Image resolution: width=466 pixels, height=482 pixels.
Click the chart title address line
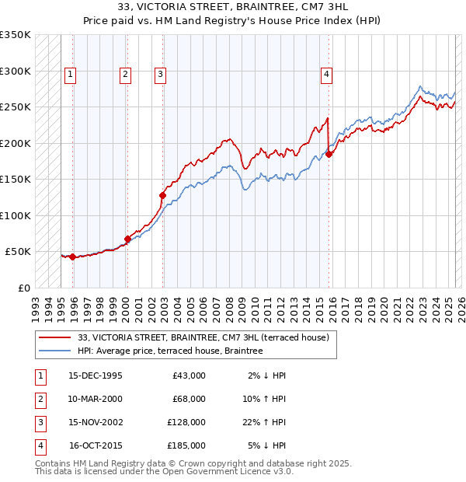tap(232, 7)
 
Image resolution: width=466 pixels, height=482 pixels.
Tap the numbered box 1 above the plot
tap(70, 75)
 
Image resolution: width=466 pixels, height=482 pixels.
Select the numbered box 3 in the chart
tap(160, 75)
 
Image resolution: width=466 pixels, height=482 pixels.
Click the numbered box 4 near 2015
tap(326, 75)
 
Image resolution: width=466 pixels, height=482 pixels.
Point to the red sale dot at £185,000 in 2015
tap(329, 154)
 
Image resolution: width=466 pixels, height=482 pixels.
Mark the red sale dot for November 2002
tap(162, 195)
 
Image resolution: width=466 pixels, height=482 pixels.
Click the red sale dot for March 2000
tap(127, 239)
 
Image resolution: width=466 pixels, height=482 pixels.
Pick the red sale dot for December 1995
tap(72, 257)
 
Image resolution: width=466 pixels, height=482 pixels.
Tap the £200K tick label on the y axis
tap(15, 143)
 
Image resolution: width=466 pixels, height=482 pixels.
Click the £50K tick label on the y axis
tap(17, 252)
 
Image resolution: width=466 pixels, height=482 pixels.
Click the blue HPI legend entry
tap(170, 351)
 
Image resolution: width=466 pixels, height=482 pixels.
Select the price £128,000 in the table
tap(186, 422)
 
